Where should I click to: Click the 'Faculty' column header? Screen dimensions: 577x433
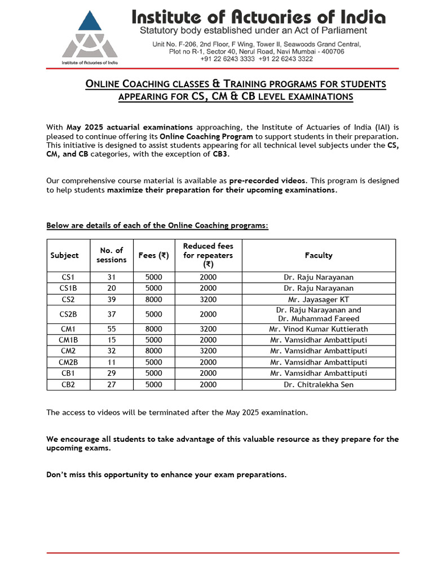click(x=319, y=255)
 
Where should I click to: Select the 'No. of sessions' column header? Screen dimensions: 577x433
click(x=111, y=255)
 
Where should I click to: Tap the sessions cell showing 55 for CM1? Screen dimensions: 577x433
click(x=111, y=329)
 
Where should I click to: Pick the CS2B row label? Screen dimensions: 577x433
click(x=68, y=314)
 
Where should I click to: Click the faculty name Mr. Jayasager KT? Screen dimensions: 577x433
click(x=319, y=299)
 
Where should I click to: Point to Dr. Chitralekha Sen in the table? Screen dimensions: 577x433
click(x=319, y=384)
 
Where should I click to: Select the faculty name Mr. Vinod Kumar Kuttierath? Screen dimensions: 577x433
click(x=319, y=329)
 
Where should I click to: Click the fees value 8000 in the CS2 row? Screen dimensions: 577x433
click(x=153, y=299)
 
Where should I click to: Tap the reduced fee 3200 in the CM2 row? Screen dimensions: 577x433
click(x=208, y=351)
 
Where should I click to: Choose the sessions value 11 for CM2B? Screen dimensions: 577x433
click(x=111, y=362)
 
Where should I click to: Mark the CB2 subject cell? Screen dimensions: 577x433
click(x=68, y=384)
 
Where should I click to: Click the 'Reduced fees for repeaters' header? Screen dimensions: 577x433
click(x=208, y=255)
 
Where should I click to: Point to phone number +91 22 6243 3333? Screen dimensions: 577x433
click(x=223, y=59)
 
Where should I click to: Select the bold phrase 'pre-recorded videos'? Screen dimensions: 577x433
click(x=268, y=181)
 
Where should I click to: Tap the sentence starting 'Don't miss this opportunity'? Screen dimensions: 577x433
click(x=166, y=474)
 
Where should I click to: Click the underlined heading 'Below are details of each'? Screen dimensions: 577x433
click(x=157, y=225)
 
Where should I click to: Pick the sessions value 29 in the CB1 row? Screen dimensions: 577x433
click(x=111, y=373)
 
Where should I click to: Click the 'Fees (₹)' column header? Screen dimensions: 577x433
click(x=153, y=255)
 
